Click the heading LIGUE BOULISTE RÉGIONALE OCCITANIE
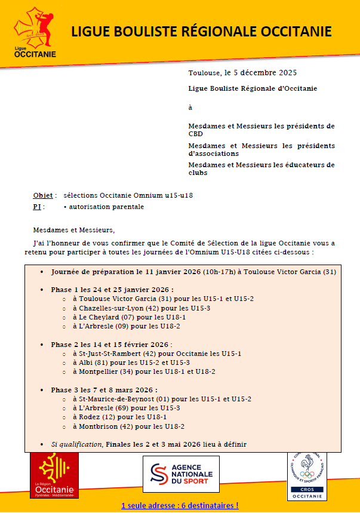[201, 32]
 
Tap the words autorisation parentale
[106, 207]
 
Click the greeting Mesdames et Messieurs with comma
[73, 230]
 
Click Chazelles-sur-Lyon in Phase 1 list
[107, 308]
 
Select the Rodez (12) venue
[93, 417]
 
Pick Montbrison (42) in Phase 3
[102, 426]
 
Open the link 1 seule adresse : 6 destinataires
[180, 505]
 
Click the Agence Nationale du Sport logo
[186, 474]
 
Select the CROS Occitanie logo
[307, 475]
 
